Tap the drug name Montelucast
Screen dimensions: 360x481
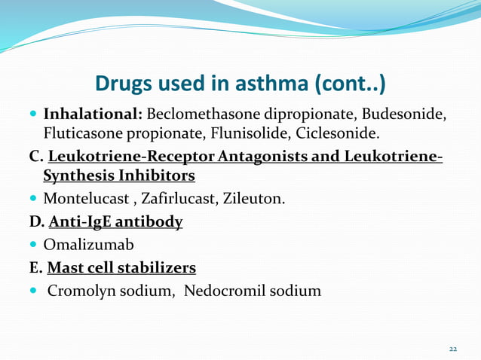83,200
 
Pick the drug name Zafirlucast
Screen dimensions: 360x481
172,200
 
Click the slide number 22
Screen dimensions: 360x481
453,349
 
